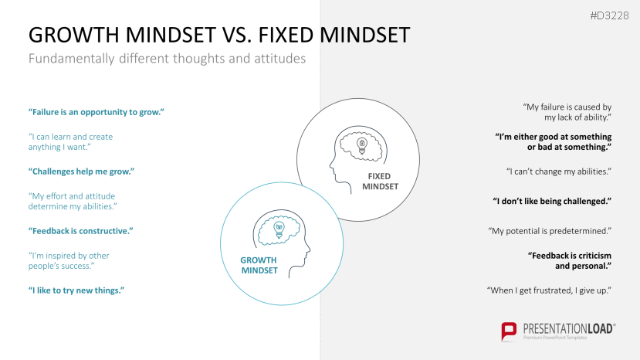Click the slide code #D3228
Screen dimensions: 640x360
coord(609,16)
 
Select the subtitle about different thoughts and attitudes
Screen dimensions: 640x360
coord(167,59)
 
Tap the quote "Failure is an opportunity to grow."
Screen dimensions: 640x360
coord(97,112)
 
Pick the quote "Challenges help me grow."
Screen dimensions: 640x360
coord(81,172)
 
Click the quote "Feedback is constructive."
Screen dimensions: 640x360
coord(81,231)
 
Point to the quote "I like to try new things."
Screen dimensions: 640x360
coord(76,290)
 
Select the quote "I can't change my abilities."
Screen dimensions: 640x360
coord(559,172)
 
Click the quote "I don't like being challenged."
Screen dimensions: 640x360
coord(552,201)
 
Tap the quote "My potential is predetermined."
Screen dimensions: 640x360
coord(550,231)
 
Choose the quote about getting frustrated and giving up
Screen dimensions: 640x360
coord(549,290)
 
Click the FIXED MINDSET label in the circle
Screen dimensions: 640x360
coord(380,182)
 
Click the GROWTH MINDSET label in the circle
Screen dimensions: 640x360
coord(259,265)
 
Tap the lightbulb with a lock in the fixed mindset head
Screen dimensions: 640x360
coord(361,145)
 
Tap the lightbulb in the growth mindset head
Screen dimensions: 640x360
coord(279,230)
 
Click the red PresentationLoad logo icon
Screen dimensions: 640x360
coord(509,331)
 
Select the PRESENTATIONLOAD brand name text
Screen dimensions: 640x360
coord(568,328)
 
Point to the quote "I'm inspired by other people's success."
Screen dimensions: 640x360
coord(69,260)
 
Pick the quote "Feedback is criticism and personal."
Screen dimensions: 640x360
coord(570,260)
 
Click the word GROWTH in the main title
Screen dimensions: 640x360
coord(75,35)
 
